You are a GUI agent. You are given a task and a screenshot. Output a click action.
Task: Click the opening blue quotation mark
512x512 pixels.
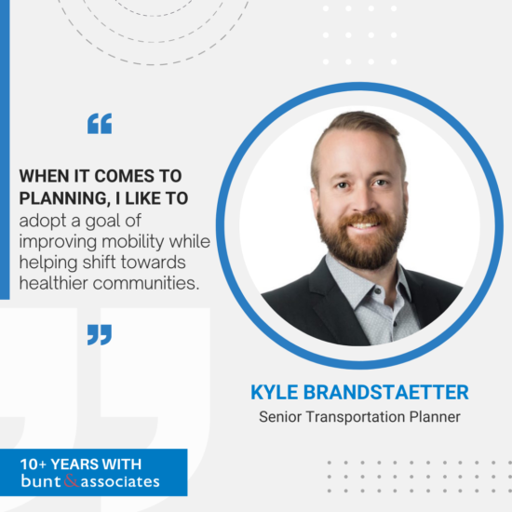(100, 124)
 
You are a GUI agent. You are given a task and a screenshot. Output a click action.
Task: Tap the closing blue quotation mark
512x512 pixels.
(100, 335)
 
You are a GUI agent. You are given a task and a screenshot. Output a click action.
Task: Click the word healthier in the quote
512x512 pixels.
(54, 283)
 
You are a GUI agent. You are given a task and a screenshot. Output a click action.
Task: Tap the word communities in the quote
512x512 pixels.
(146, 283)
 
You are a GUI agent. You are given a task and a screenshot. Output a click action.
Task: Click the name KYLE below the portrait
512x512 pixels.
(275, 392)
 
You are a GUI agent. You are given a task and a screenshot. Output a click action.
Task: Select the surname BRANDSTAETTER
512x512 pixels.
(386, 392)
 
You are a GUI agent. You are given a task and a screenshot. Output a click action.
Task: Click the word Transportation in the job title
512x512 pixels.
(356, 417)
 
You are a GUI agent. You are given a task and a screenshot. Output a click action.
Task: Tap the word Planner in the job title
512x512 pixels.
(435, 417)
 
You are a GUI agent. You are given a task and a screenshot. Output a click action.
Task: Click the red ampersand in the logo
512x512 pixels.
(71, 480)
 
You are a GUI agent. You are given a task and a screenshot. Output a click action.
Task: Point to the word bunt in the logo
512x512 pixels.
(41, 480)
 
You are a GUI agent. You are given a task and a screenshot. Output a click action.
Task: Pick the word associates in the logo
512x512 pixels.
(120, 481)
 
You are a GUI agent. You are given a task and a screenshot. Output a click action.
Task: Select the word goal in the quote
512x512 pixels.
(103, 222)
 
